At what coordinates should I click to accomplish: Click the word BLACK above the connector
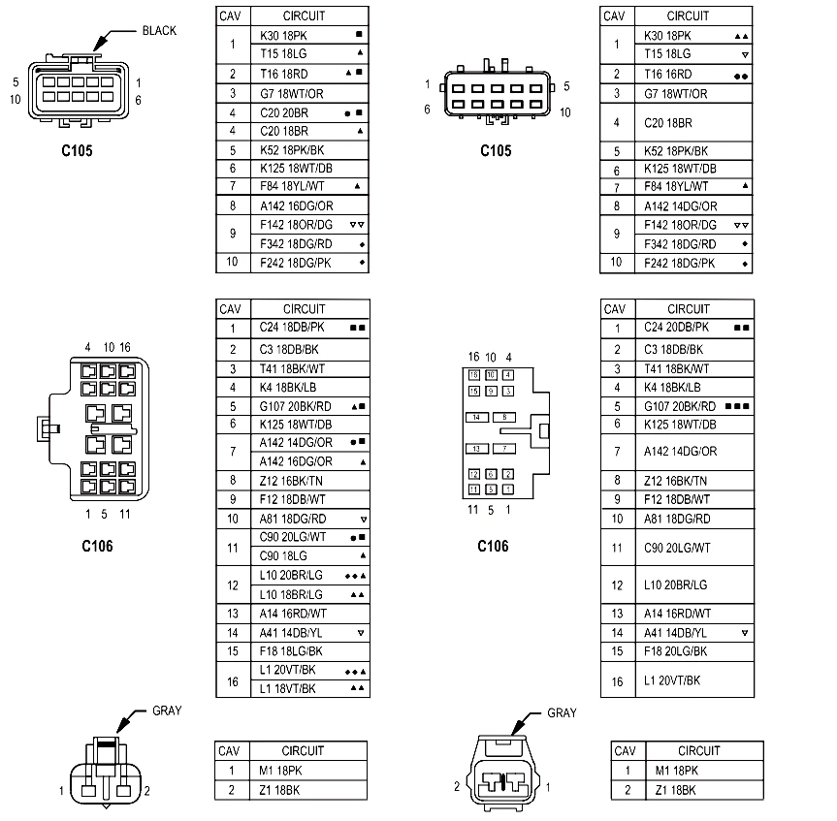point(159,31)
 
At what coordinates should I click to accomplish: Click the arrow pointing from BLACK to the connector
point(113,38)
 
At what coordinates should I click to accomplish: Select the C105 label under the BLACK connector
point(77,151)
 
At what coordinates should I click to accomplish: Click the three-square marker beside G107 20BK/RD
point(738,406)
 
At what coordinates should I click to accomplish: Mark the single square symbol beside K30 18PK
point(359,35)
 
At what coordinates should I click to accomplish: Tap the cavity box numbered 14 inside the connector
point(476,417)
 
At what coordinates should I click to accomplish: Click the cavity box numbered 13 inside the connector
point(476,449)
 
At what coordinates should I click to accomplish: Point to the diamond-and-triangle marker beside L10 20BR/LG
point(356,576)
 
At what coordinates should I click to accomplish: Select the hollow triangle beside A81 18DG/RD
point(364,520)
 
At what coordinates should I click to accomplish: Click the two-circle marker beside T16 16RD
point(741,77)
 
